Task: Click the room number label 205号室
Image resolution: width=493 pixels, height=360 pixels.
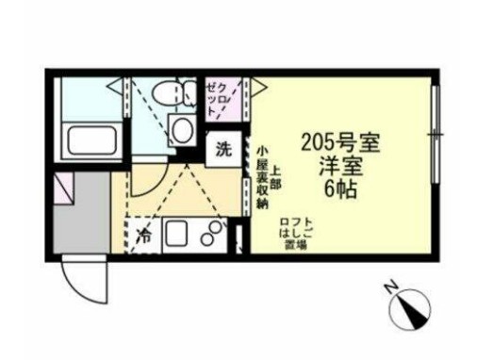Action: click(338, 143)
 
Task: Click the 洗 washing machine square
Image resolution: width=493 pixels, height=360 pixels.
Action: click(223, 148)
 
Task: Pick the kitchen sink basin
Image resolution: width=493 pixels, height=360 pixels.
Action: click(176, 233)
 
